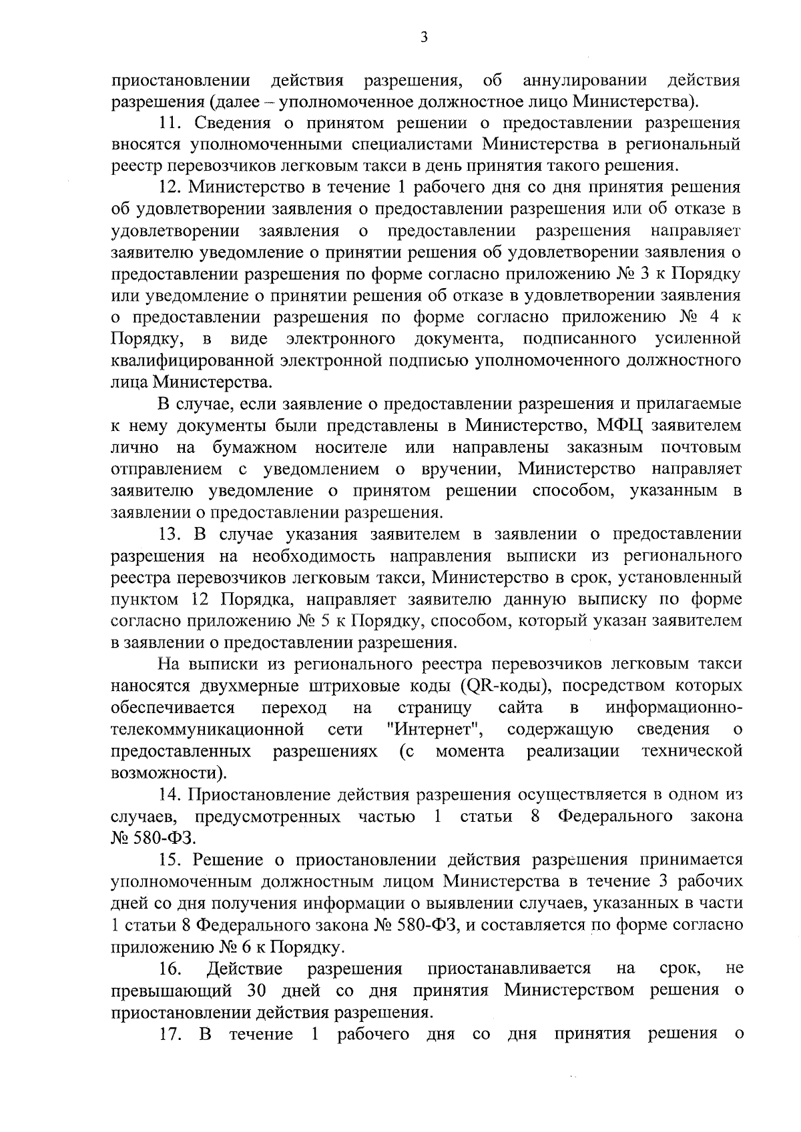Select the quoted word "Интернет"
tap(435, 730)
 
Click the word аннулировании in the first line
tap(585, 81)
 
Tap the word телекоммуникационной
tap(208, 730)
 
